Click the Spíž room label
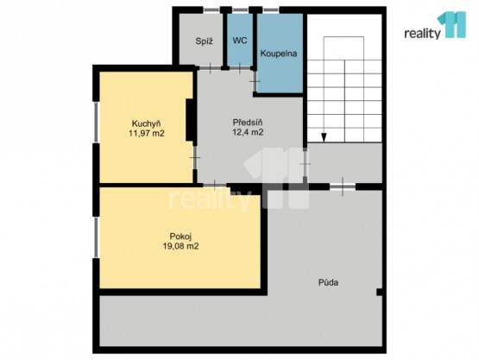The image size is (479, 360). click(204, 41)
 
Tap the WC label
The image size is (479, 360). click(240, 41)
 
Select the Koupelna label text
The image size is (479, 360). click(279, 54)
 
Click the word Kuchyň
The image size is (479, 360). click(147, 123)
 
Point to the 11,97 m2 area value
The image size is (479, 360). click(147, 133)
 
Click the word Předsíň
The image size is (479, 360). click(248, 123)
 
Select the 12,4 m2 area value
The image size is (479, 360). click(248, 132)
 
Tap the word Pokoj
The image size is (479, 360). click(180, 237)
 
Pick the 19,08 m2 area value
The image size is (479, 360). click(181, 246)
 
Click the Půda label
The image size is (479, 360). click(329, 282)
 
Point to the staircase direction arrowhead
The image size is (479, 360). click(324, 138)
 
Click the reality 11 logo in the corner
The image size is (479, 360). click(435, 25)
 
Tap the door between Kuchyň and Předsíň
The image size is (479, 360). click(194, 158)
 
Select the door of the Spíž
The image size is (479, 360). click(211, 68)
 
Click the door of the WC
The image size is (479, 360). click(240, 68)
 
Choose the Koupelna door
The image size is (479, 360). click(255, 82)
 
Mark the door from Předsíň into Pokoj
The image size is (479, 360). click(215, 186)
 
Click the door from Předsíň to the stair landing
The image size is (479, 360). click(305, 164)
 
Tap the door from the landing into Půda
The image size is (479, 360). click(343, 186)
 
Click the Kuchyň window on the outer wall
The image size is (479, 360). click(96, 122)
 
